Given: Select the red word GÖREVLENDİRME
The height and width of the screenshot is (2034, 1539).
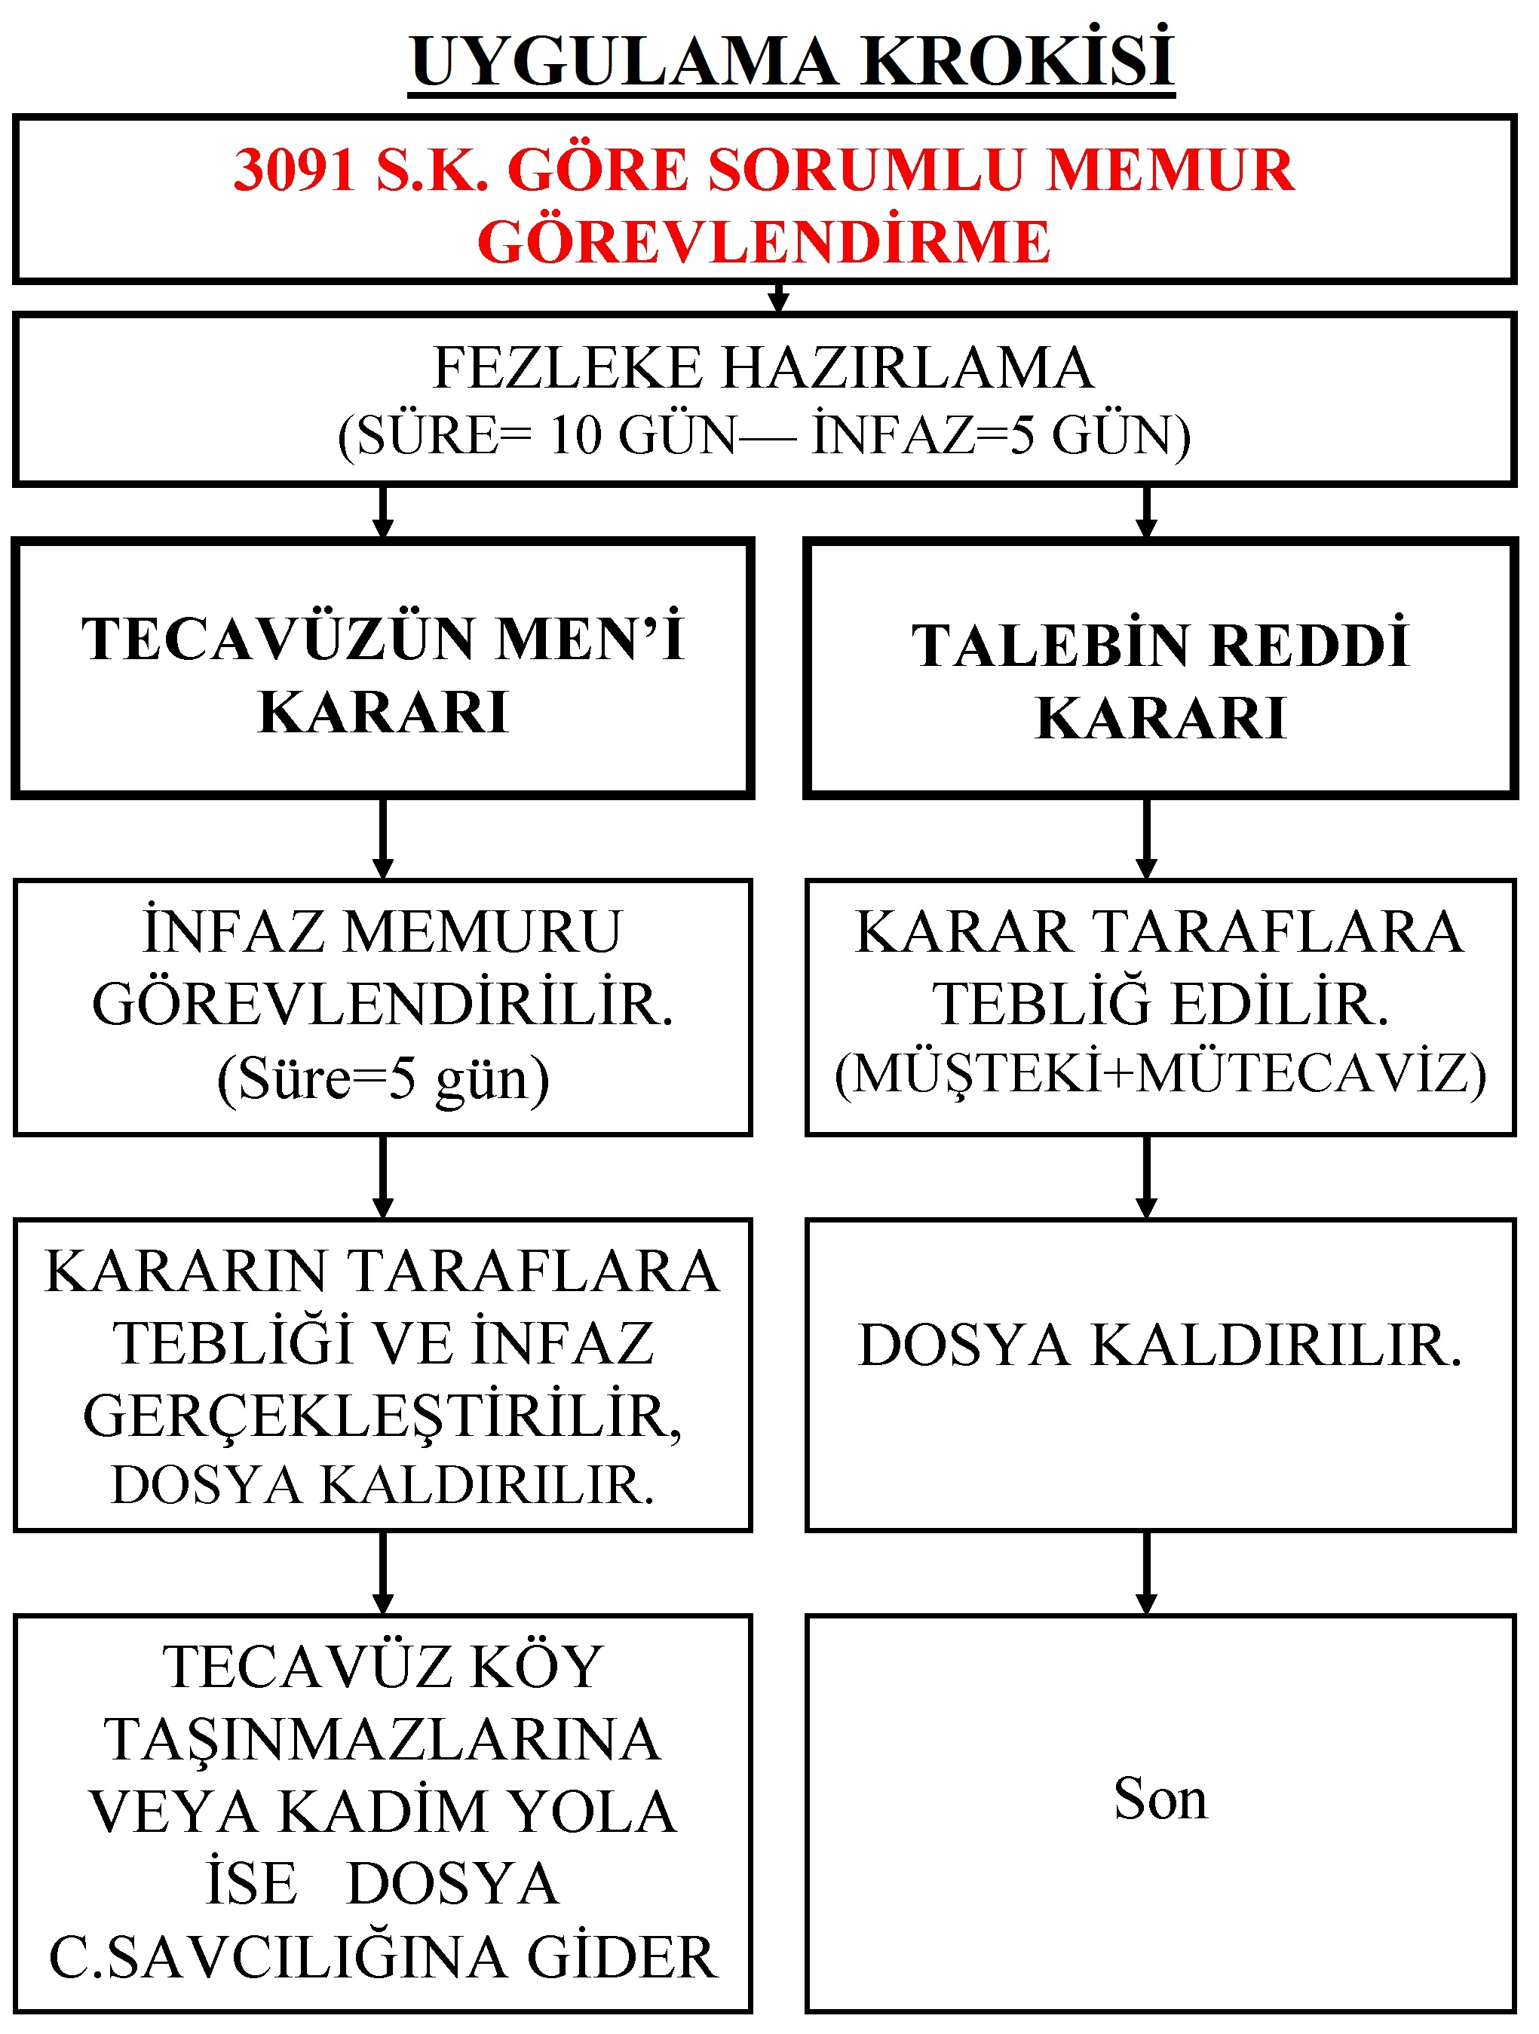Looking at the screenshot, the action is coord(764,242).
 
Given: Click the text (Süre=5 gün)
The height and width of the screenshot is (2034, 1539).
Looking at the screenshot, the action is coord(383,1078).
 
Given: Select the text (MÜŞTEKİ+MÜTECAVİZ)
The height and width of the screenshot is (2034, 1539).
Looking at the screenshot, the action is coord(1160,1073).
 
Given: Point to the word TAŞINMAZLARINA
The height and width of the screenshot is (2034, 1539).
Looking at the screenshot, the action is coord(382,1740).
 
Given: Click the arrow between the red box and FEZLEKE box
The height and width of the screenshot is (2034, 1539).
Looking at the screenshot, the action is coord(779,298).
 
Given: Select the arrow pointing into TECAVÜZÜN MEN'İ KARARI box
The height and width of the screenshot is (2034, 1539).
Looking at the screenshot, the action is coord(383,511).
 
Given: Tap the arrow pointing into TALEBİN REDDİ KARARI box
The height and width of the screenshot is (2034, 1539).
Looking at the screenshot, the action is coord(1145,511).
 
